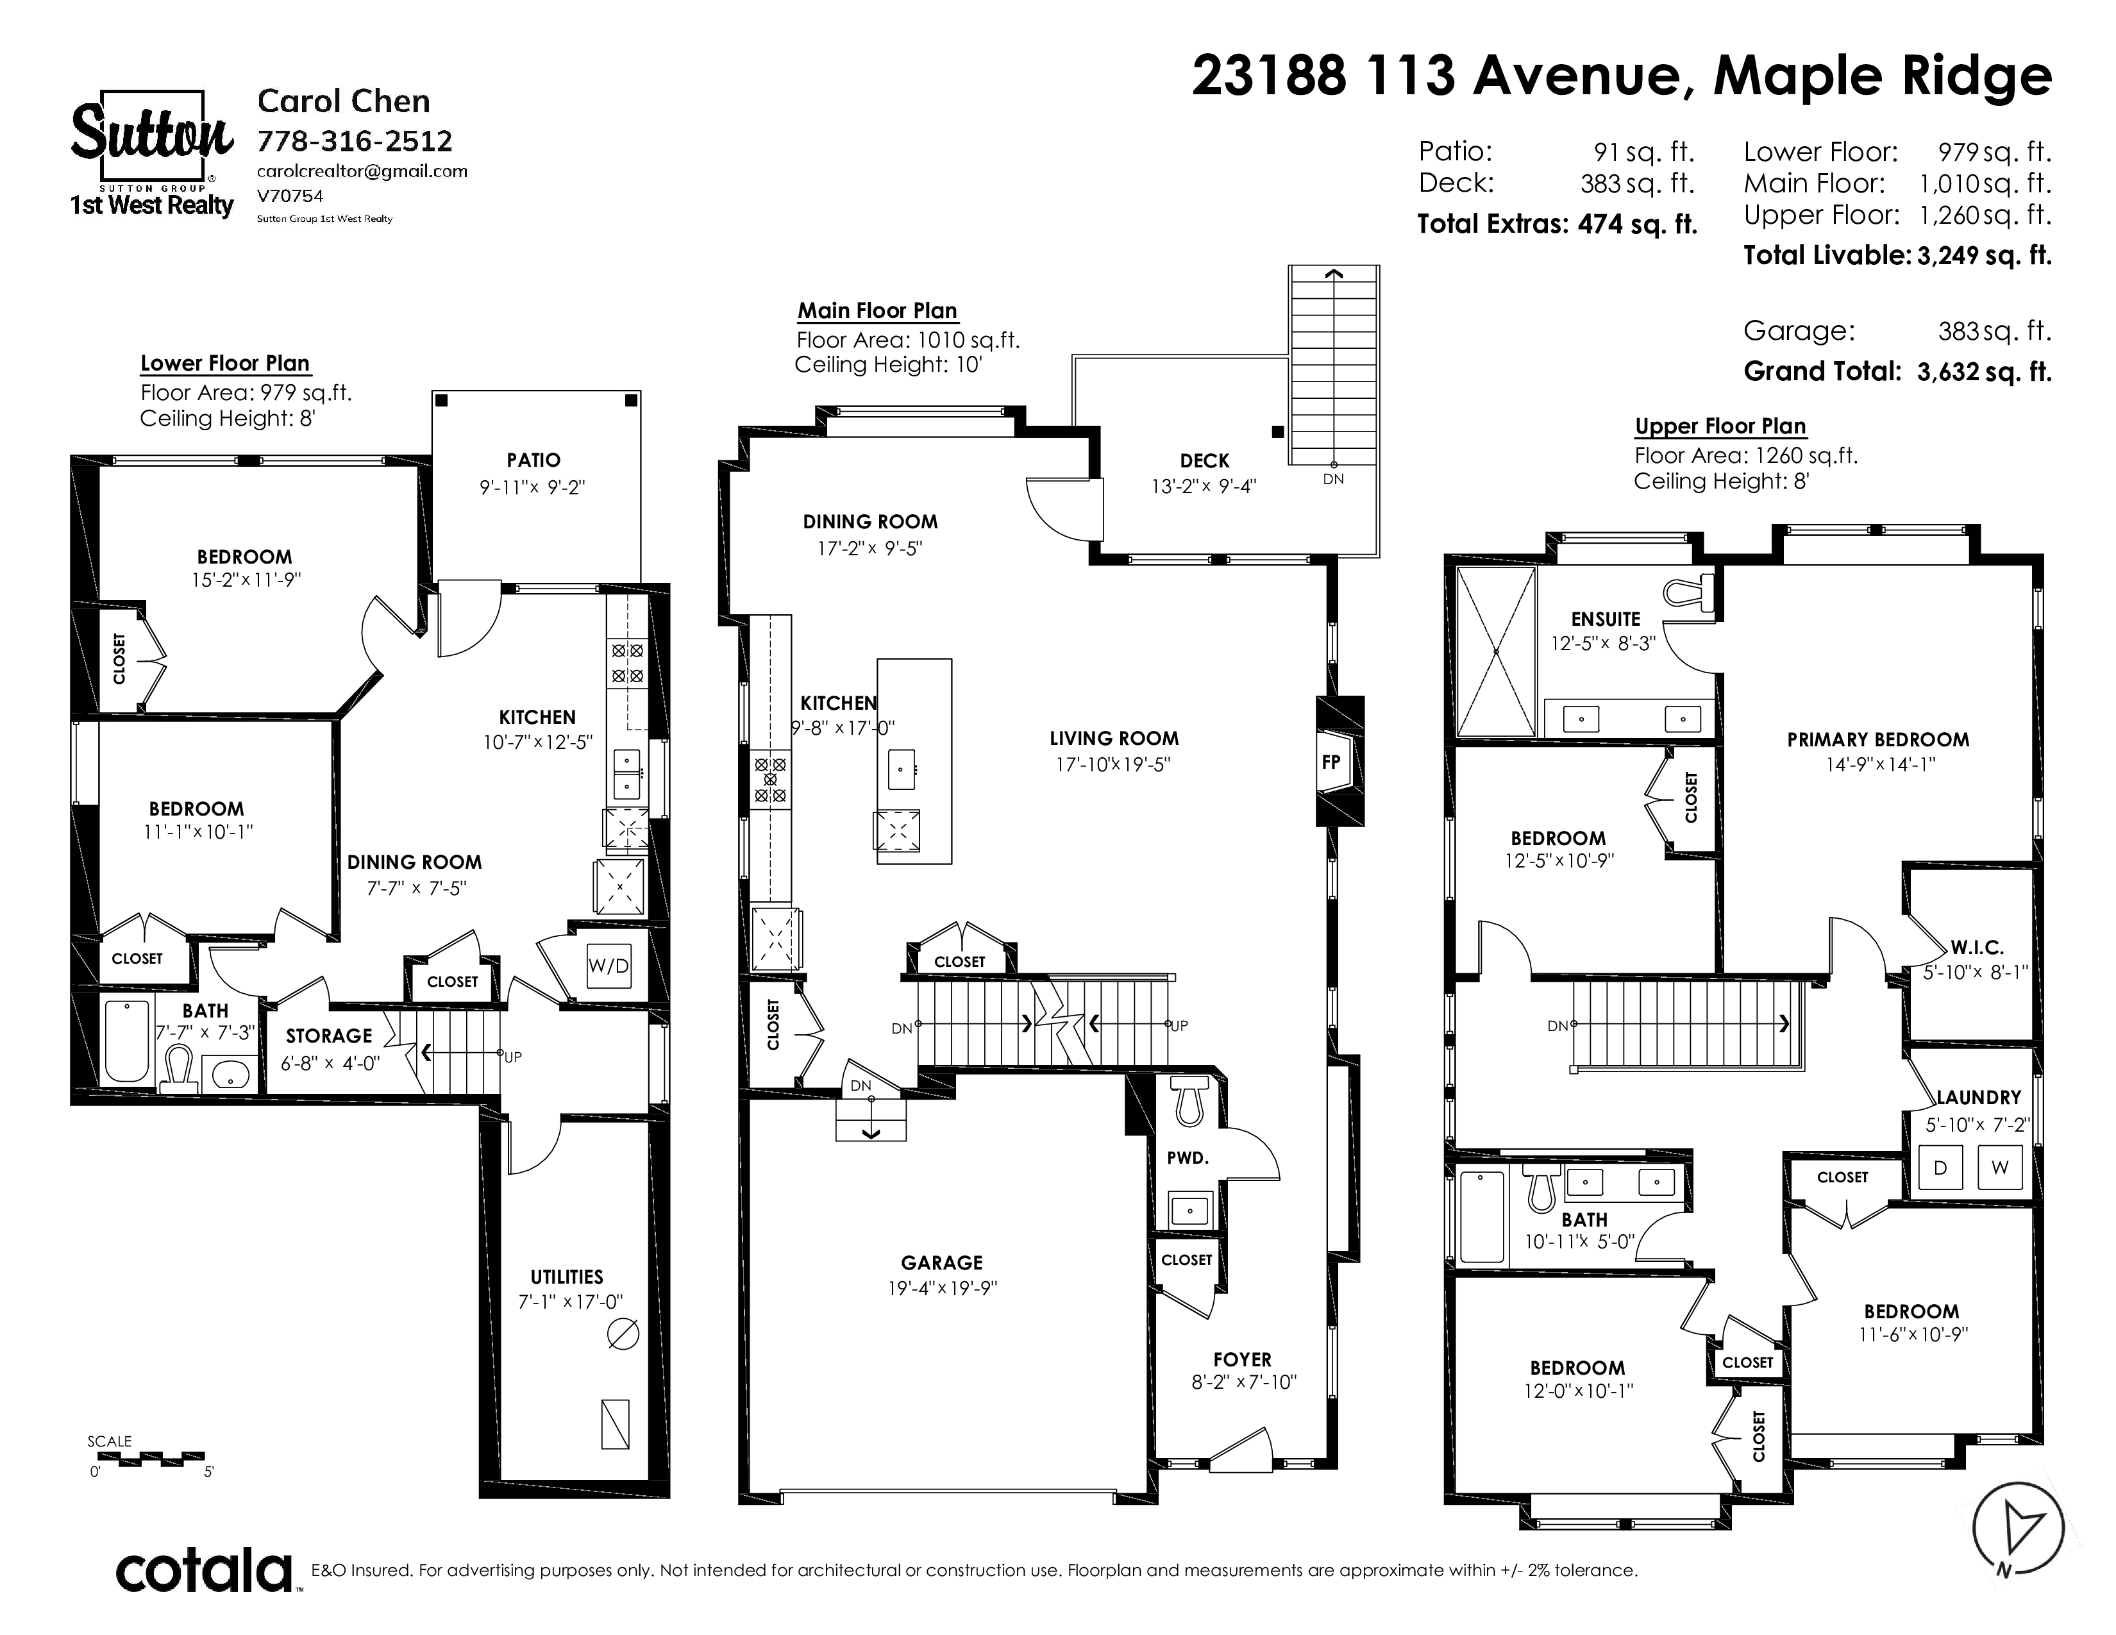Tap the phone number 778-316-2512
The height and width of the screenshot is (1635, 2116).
pos(355,142)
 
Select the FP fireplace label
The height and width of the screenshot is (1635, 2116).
pos(1331,762)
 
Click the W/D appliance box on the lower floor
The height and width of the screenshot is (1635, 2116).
pos(609,966)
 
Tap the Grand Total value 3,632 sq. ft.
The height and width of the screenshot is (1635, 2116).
pos(1985,372)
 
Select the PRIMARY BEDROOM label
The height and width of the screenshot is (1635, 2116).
pos(1877,740)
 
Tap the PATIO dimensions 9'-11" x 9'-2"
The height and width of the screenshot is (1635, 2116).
pos(533,487)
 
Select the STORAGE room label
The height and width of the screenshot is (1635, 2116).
pos(328,1035)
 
